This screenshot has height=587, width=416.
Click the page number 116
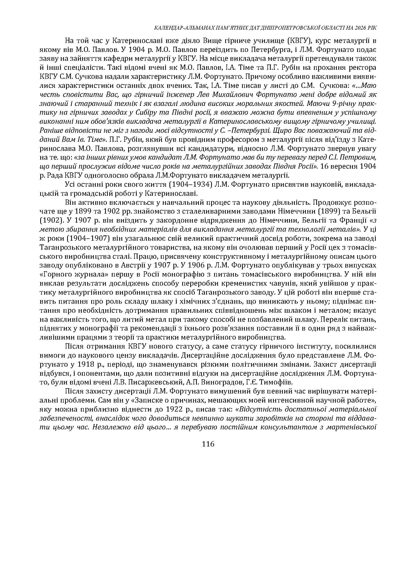[x=208, y=444]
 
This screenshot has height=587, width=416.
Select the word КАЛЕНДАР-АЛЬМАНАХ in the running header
[x=178, y=28]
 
